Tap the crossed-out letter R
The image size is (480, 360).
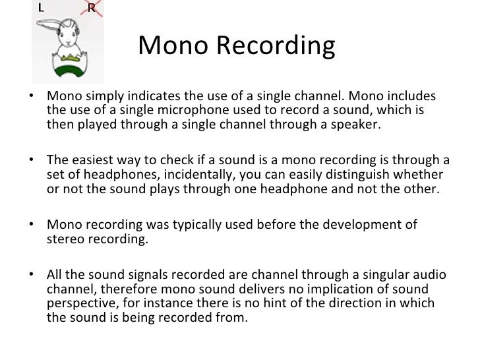pos(92,9)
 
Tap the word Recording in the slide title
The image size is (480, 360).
pos(278,46)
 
